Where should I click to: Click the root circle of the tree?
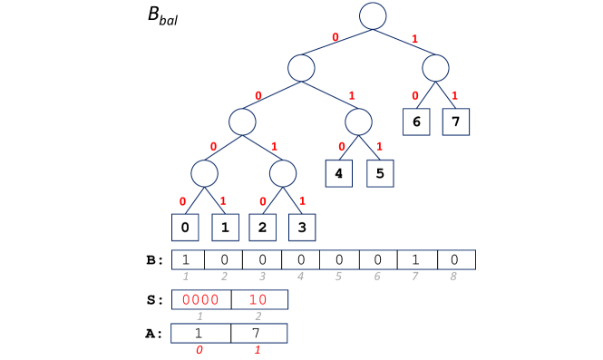[373, 16]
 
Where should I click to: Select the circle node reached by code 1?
[435, 68]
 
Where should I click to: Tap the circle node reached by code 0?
[301, 68]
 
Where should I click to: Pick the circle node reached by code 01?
[358, 122]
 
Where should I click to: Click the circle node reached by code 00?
[242, 122]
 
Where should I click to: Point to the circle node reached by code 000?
[204, 173]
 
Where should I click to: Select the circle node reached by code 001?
[283, 173]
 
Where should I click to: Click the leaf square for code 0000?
[185, 227]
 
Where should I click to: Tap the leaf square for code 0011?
[302, 227]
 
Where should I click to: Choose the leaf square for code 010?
[338, 173]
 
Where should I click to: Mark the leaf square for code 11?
[456, 122]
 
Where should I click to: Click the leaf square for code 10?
[416, 122]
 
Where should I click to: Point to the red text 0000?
[200, 299]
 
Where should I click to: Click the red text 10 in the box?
[258, 299]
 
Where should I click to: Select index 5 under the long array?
[338, 276]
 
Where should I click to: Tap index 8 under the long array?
[452, 276]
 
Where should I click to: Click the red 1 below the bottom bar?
[258, 349]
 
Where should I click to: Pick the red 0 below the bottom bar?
[199, 349]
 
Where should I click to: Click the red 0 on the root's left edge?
[335, 38]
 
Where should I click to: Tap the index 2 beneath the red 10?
[258, 316]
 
